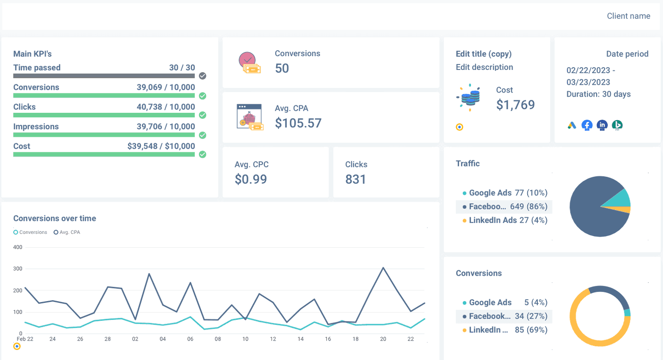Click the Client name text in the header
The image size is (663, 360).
628,16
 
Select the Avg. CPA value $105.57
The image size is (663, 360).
298,123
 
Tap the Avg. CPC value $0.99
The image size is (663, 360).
250,179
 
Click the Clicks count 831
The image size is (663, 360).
355,179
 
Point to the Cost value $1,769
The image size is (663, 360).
515,105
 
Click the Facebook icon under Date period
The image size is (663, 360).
587,125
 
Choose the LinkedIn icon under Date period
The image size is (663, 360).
602,125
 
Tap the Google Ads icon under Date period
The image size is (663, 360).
572,125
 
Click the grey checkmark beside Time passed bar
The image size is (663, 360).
202,76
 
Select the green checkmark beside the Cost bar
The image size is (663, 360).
202,154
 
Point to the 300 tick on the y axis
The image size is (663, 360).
17,269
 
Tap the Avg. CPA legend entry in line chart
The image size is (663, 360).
67,232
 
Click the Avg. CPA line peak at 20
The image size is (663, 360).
383,267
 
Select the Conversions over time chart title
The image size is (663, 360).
55,219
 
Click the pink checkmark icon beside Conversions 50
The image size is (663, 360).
247,60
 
